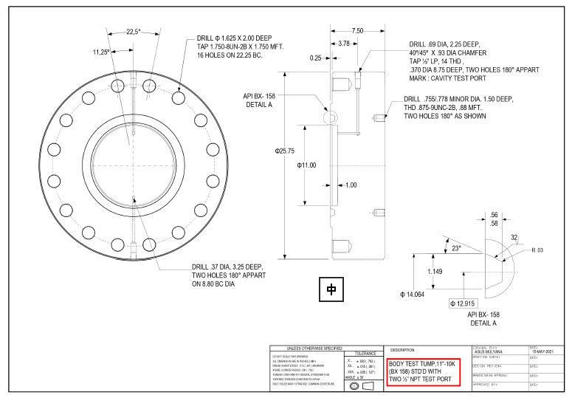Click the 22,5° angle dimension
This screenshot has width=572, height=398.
coord(133,32)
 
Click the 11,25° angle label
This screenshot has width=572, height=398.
coord(100,52)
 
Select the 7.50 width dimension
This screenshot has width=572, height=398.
coord(357,31)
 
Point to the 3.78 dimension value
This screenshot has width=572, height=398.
coord(343,44)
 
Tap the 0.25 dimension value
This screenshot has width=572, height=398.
coord(316,58)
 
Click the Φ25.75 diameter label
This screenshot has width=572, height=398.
coord(285,151)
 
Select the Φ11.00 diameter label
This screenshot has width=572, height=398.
coord(306,165)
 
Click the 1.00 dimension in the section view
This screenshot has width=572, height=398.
coord(350,185)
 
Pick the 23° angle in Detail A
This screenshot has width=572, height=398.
coord(456,249)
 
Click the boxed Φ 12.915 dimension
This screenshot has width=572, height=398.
coord(466,303)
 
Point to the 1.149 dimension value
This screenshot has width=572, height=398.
coord(435,272)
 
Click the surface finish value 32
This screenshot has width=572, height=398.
coord(514,238)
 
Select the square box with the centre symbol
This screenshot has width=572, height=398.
coord(331,290)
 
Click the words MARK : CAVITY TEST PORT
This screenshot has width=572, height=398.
coord(452,79)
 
